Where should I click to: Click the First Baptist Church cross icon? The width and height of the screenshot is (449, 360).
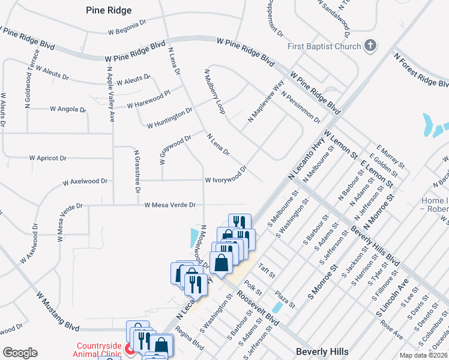370,46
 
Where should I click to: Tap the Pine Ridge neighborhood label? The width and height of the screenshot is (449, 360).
109,10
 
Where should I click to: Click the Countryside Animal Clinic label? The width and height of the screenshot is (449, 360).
98,349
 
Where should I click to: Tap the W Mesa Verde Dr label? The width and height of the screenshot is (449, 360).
170,205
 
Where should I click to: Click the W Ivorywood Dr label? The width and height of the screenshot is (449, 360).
226,175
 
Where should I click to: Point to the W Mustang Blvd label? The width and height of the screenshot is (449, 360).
58,308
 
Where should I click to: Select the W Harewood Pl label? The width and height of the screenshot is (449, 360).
149,100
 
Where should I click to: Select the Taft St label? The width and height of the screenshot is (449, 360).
266,271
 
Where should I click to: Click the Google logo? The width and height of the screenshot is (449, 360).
20,353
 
